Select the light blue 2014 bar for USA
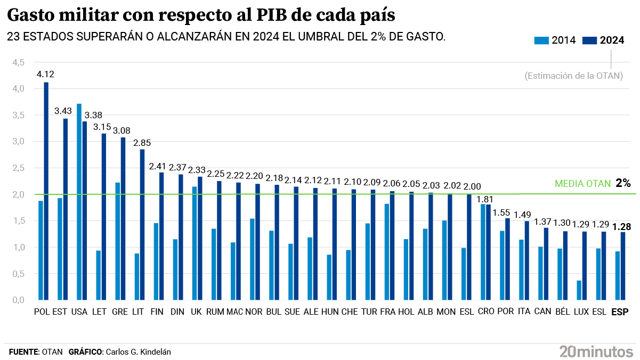79,202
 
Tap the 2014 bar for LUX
579,290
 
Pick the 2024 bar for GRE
123,218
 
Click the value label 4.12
45,74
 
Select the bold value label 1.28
621,227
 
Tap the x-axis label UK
197,312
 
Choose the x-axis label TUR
369,312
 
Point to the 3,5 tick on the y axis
19,115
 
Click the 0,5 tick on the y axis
19,274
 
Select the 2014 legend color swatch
541,40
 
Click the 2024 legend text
612,40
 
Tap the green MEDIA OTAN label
582,184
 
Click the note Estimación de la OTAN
573,76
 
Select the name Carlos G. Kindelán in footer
139,352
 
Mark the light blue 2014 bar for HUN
329,277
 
